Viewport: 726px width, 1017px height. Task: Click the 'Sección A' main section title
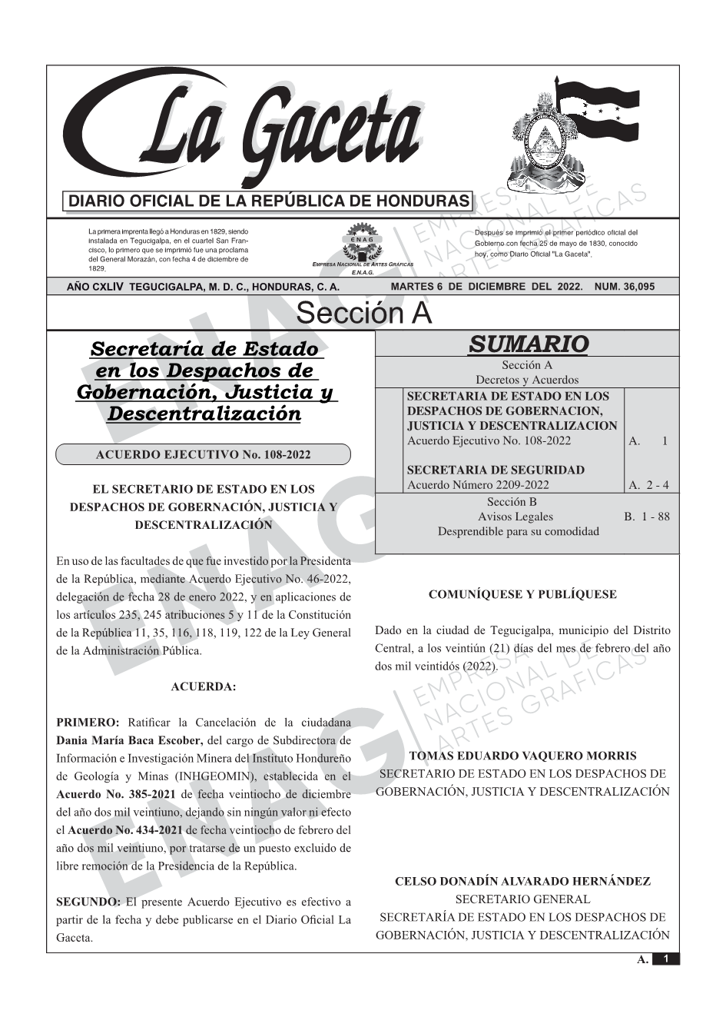coord(363,314)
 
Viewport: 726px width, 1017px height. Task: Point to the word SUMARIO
coord(528,344)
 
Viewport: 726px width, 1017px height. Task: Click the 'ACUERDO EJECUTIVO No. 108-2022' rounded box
coord(203,454)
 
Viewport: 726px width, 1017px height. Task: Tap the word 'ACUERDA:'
coord(203,686)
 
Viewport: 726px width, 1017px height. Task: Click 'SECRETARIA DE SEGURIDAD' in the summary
coord(496,470)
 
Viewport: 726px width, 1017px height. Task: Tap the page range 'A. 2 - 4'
coord(648,485)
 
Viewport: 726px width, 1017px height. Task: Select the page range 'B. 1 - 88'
coord(646,517)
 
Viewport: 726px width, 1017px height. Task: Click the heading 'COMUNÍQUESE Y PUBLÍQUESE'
coord(522,594)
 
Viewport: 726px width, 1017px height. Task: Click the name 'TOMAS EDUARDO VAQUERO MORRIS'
coord(522,756)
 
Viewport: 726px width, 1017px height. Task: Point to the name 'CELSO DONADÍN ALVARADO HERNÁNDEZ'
coord(522,882)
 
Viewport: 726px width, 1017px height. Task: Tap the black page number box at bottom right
coord(666,959)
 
